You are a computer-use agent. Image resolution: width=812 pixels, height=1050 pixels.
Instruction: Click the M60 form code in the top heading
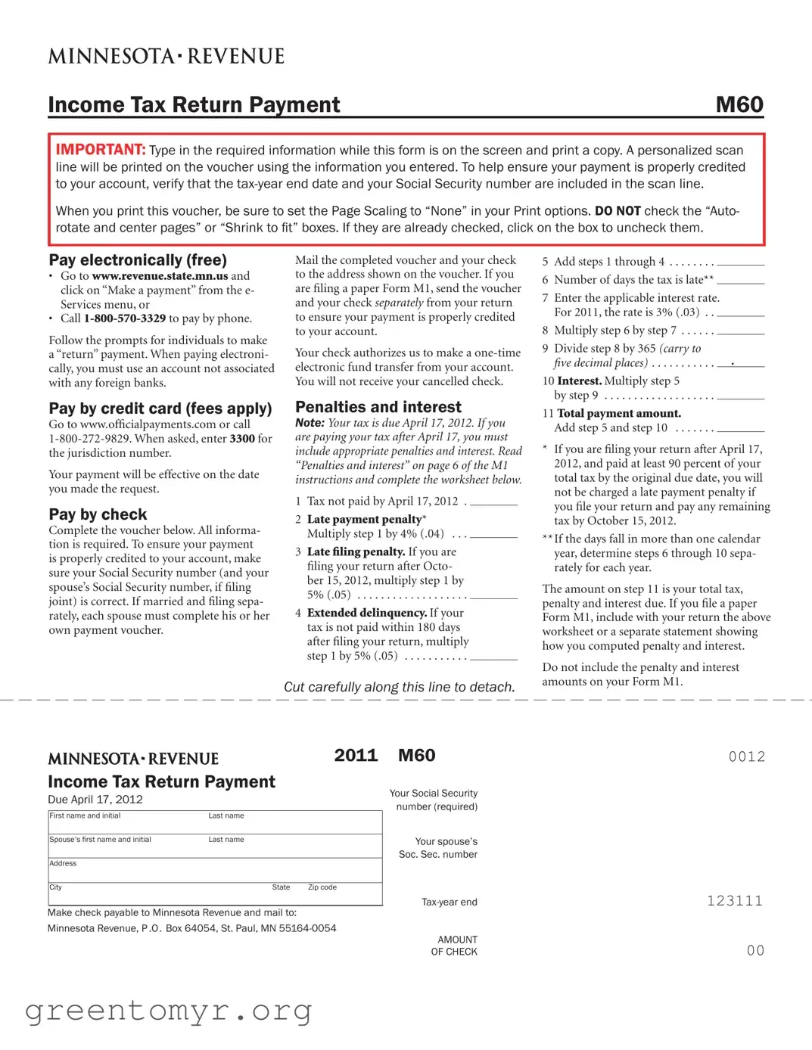[739, 104]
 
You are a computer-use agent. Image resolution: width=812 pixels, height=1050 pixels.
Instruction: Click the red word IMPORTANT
[100, 150]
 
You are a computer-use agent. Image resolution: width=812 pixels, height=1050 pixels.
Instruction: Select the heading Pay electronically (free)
[138, 260]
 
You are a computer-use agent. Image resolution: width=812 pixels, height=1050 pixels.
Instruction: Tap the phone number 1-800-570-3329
[124, 318]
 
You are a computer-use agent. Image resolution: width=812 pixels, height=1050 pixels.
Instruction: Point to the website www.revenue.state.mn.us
[160, 276]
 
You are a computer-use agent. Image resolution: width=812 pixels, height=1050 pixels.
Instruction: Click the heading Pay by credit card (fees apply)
[160, 409]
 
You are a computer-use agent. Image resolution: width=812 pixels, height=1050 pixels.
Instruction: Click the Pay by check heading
[98, 514]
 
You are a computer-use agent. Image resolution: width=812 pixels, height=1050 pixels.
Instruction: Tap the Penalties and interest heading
[378, 407]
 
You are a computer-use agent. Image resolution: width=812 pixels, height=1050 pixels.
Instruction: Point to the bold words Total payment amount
[618, 413]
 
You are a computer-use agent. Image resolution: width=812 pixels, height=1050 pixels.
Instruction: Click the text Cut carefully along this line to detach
[399, 687]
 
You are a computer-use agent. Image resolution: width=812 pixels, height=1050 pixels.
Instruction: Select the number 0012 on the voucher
[746, 756]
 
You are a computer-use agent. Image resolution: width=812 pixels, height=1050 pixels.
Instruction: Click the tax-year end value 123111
[734, 901]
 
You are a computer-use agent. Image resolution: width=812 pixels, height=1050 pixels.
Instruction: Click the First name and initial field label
[85, 815]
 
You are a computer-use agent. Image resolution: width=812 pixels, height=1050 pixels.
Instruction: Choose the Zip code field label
[322, 887]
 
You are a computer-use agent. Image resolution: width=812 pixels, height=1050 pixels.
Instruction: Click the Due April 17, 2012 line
[95, 800]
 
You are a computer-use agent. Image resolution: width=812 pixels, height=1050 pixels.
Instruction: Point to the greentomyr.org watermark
[168, 1011]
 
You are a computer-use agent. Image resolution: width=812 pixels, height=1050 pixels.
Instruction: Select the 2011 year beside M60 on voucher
[356, 756]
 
